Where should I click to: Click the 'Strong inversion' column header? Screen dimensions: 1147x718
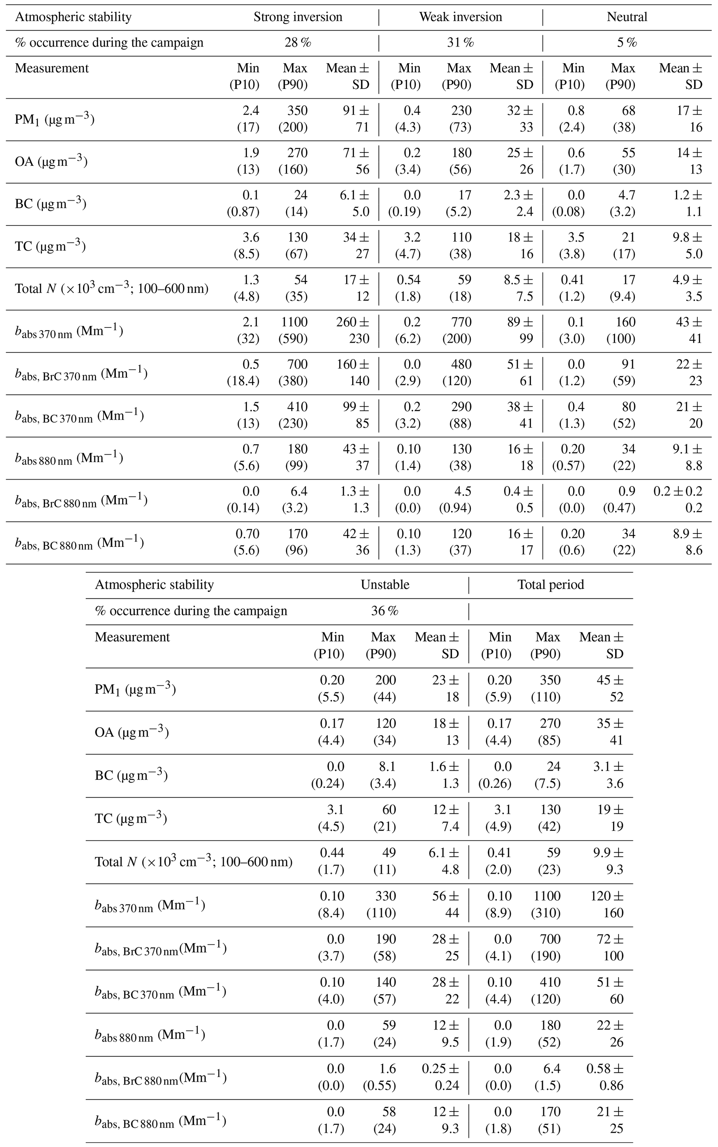point(298,17)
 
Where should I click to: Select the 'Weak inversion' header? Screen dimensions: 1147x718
point(460,17)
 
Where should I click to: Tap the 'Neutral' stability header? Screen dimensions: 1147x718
point(627,17)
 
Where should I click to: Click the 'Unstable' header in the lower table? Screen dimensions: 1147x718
point(385,584)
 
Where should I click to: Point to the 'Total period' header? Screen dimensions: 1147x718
point(550,584)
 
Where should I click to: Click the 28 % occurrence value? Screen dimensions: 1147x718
point(298,43)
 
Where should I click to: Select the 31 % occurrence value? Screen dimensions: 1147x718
point(460,43)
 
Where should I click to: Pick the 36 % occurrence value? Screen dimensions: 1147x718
point(385,611)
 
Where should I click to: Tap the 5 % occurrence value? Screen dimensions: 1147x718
point(627,43)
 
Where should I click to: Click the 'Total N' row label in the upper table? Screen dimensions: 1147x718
point(112,288)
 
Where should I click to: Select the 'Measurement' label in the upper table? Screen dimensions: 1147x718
point(52,68)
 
